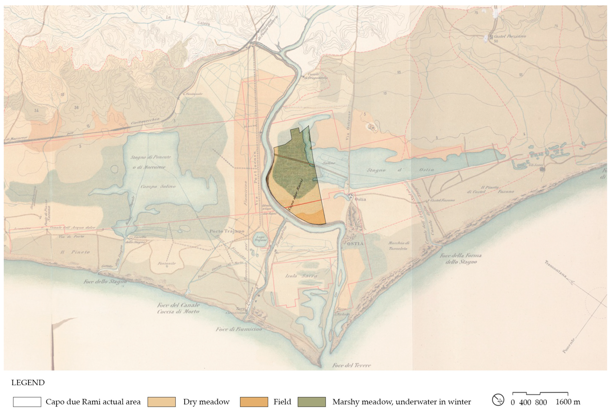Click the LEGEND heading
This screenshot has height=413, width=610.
pos(28,382)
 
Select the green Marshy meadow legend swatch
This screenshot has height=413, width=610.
pos(312,402)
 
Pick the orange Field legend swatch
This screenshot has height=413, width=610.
pos(254,402)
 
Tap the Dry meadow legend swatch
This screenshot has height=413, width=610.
pos(162,402)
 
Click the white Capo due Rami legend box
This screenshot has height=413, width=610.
pos(27,402)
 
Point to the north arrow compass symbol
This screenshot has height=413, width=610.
pos(498,400)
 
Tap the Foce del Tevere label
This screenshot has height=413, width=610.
pos(351,365)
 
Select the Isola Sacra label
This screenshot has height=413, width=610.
pos(301,276)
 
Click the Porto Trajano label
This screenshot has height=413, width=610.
pos(227,231)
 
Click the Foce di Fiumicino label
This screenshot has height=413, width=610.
pos(239,329)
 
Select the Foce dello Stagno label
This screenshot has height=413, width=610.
pos(105,282)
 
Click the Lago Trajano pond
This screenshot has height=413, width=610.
pos(260,239)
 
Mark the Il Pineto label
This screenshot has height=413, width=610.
pos(75,252)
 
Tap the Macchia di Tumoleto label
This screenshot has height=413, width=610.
pos(398,246)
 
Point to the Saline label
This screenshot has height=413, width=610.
pos(329,163)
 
